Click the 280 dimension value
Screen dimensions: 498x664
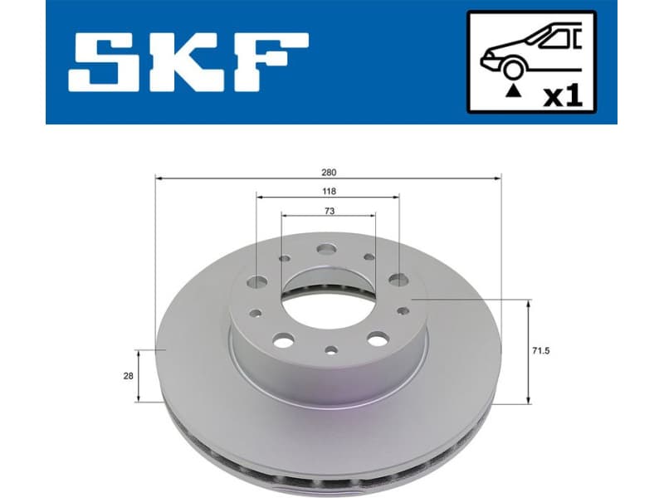(x=330, y=172)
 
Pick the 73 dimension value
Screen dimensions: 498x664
(x=330, y=211)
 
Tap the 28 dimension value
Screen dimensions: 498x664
(x=128, y=376)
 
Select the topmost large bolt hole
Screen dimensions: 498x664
(x=326, y=248)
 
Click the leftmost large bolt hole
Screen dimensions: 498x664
(x=257, y=281)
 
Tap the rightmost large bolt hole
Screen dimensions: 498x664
(x=399, y=280)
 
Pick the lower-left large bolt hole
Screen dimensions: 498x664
(x=282, y=339)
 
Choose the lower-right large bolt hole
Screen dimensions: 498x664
(x=378, y=339)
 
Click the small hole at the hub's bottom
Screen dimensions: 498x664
(x=330, y=349)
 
